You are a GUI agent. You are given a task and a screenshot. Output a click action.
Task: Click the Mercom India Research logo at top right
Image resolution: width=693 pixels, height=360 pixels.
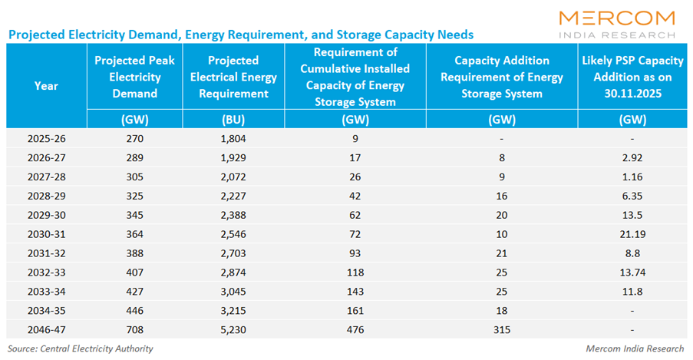pyautogui.click(x=617, y=23)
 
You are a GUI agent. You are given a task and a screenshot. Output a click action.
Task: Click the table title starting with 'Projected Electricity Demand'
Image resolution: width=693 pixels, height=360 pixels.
pyautogui.click(x=240, y=35)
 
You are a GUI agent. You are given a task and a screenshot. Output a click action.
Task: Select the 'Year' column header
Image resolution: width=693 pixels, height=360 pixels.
pyautogui.click(x=46, y=86)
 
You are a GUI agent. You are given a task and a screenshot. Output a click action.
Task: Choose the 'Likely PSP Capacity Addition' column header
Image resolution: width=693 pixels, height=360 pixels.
pyautogui.click(x=632, y=77)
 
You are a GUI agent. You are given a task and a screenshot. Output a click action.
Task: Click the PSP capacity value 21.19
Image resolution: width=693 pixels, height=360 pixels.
pyautogui.click(x=632, y=234)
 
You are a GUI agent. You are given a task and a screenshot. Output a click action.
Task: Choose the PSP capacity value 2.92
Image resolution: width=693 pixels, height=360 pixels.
pyautogui.click(x=632, y=157)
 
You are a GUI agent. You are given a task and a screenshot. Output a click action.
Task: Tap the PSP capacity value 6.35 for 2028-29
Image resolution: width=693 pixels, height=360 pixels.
pyautogui.click(x=632, y=196)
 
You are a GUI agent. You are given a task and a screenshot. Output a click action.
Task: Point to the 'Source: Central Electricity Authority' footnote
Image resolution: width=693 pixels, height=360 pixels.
pyautogui.click(x=80, y=348)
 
